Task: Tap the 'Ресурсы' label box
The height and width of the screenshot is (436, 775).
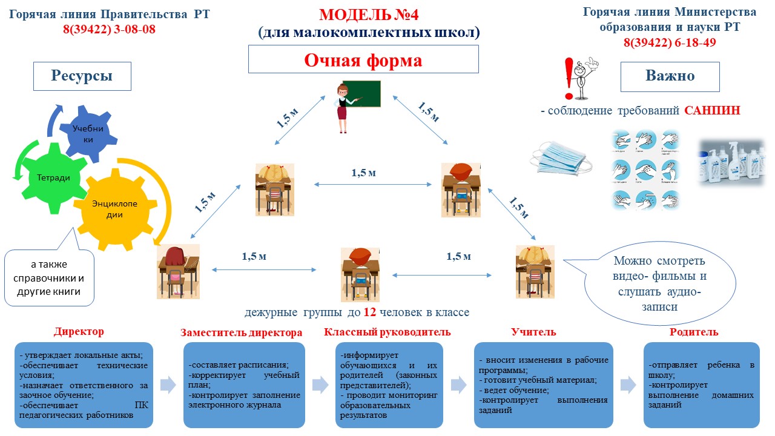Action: tap(82, 76)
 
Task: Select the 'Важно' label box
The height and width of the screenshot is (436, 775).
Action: tap(670, 76)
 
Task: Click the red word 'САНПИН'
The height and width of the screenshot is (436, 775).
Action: tap(712, 111)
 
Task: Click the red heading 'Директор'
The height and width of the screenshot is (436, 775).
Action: tap(79, 332)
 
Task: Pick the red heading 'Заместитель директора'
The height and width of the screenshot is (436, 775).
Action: tap(242, 333)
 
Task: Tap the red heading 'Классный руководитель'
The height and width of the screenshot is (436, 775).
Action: tap(387, 332)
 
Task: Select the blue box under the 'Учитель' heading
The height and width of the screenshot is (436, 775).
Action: tap(542, 385)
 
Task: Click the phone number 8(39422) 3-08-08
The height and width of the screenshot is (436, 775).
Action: tap(109, 28)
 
